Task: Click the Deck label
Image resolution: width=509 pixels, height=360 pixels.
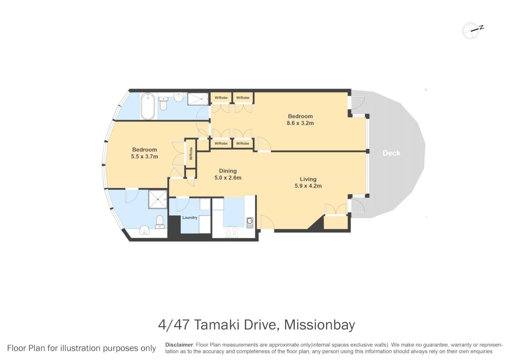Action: point(391,153)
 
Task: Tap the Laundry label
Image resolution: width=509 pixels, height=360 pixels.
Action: point(190,218)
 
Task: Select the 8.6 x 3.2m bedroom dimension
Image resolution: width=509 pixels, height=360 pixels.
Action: point(300,123)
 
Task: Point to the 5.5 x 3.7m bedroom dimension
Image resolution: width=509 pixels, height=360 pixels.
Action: point(145,156)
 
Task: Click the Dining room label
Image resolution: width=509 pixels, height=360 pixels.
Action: point(228,171)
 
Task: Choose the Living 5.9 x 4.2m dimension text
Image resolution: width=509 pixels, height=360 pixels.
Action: point(308,186)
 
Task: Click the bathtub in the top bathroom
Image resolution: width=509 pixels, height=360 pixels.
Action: point(148,106)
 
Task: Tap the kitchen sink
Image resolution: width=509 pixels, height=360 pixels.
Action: point(250,223)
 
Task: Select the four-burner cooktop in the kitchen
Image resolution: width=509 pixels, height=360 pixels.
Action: point(232,232)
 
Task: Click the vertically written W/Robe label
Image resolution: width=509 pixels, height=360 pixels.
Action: point(191,153)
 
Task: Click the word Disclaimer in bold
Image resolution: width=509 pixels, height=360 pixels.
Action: point(179,345)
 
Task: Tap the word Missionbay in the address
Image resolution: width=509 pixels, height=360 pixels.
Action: point(319,325)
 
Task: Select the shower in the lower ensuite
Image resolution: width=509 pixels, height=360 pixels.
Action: point(158,200)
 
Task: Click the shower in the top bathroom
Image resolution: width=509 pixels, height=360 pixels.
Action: point(198,99)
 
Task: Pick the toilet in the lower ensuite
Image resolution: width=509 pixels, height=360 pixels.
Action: point(160,222)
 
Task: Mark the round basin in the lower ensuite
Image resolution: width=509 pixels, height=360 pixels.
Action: point(145,230)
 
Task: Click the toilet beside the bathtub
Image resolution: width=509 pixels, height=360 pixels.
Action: point(163,103)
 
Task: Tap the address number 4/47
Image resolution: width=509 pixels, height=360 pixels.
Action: point(174,325)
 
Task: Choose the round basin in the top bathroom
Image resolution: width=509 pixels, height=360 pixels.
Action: point(180,97)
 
